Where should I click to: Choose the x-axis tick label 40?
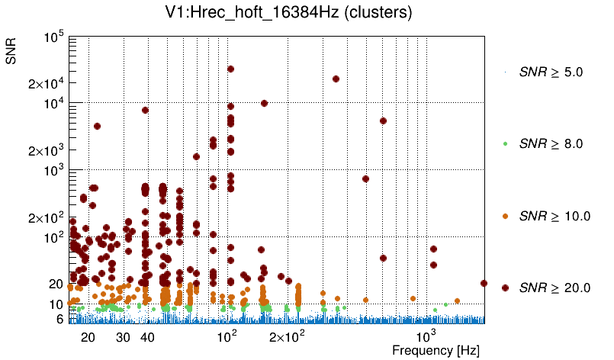coord(148,336)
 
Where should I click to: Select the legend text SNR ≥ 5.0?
coord(551,72)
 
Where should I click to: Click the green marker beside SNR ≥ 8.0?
coord(505,143)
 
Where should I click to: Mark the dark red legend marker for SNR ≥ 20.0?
coord(505,288)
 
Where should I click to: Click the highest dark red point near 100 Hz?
coord(230,69)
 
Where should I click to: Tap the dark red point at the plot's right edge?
coord(484,283)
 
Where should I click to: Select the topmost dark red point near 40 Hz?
coord(145,110)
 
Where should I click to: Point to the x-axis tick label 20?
coord(88,336)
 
